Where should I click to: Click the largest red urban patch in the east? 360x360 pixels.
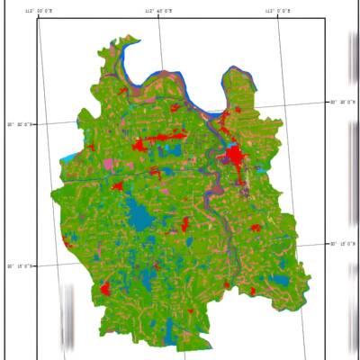(x=237, y=158)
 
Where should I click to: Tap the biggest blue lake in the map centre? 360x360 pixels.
(x=139, y=216)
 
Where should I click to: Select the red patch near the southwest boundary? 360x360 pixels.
(x=104, y=290)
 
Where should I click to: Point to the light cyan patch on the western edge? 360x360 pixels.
(x=68, y=158)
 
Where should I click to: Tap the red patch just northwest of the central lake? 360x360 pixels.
(x=117, y=186)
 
